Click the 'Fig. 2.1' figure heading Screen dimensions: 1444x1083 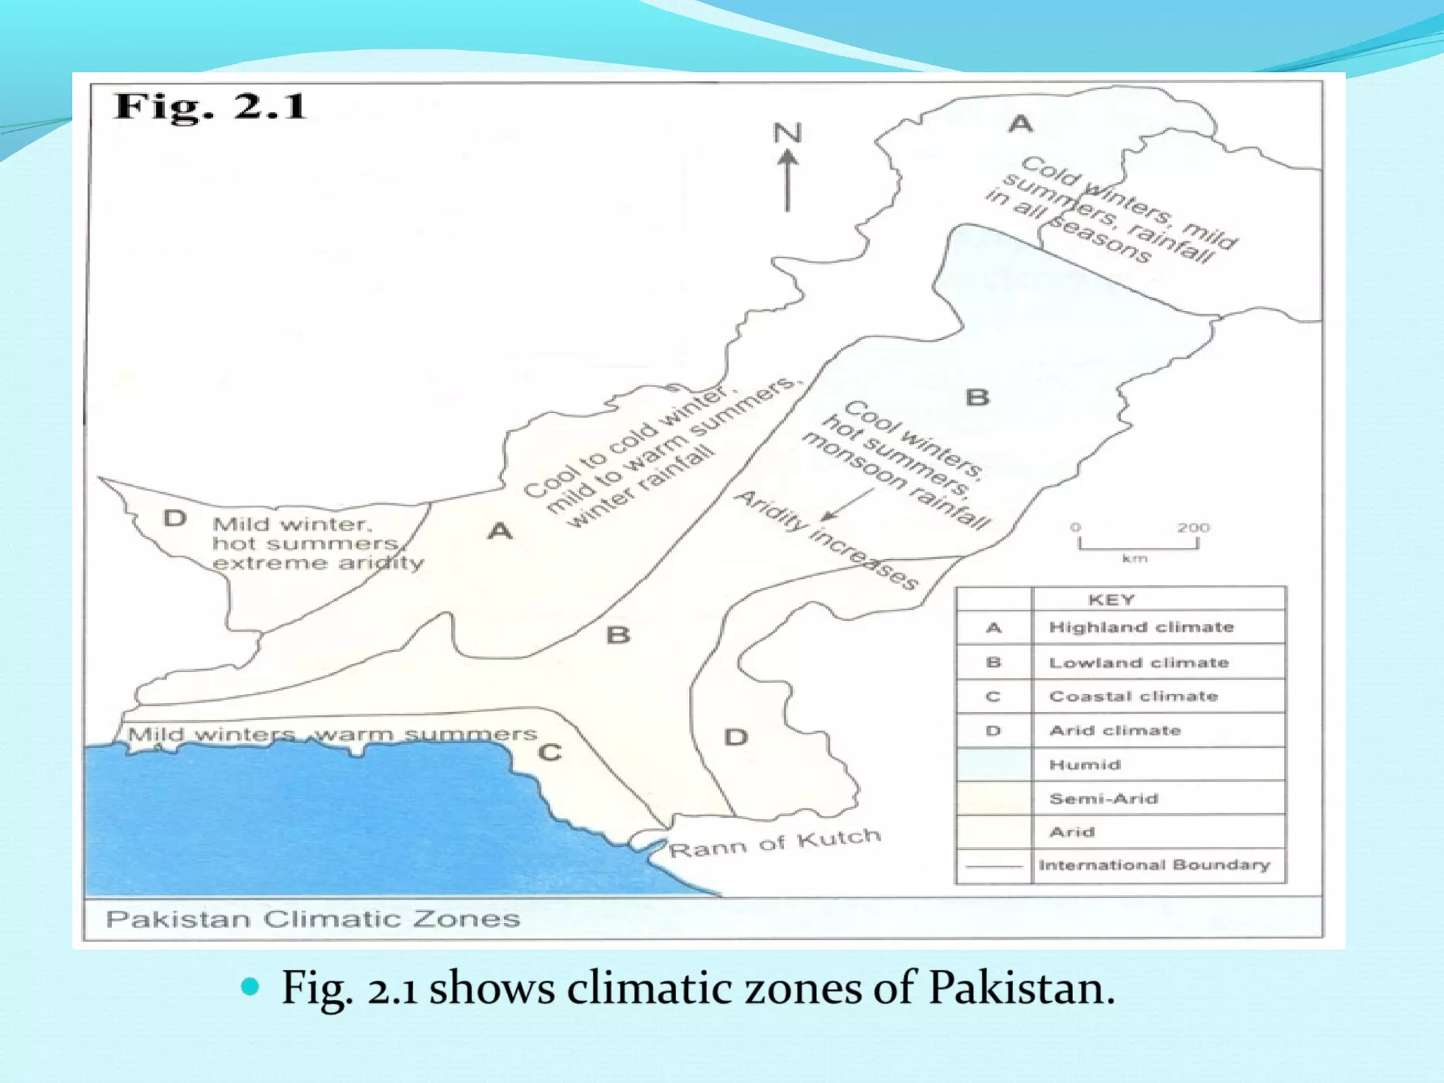click(x=210, y=107)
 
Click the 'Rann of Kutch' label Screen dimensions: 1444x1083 click(x=774, y=843)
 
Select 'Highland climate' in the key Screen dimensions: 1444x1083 click(x=1141, y=628)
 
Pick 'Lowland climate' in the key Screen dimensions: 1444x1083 click(x=1139, y=663)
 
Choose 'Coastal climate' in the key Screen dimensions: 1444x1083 click(x=1133, y=697)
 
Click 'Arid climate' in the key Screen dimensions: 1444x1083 click(x=1115, y=730)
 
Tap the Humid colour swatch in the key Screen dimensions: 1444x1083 click(x=993, y=764)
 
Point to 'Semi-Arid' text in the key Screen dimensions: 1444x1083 click(x=1103, y=799)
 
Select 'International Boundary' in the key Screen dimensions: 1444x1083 click(x=1154, y=865)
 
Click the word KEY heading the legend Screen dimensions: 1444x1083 click(x=1111, y=600)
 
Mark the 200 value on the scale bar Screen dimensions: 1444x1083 click(x=1193, y=527)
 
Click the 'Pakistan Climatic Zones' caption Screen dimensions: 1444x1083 click(x=312, y=919)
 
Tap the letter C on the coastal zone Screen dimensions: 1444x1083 click(x=550, y=753)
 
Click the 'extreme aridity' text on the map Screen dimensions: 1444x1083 click(x=318, y=563)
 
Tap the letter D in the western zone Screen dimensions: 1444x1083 click(x=175, y=519)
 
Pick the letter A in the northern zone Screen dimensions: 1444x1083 click(x=1020, y=124)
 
